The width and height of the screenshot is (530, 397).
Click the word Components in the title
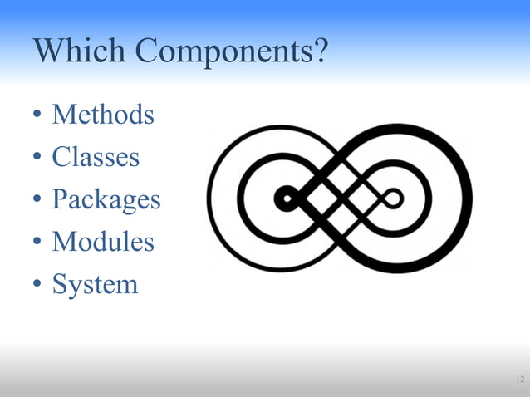[224, 52]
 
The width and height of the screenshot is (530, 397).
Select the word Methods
[103, 114]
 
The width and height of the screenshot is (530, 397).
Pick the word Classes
[96, 156]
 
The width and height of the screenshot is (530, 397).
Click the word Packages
[106, 200]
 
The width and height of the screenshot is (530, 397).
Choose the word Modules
[103, 242]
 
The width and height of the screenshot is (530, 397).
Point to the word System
[95, 285]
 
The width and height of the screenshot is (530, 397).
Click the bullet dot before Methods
[37, 115]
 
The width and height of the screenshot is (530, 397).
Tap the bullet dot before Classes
[37, 158]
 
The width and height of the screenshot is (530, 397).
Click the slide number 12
[519, 380]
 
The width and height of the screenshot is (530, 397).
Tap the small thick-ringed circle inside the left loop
[287, 198]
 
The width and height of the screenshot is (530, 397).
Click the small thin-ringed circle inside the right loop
[393, 198]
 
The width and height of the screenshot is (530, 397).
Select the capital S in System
[59, 284]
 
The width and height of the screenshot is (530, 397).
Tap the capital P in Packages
[59, 199]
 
